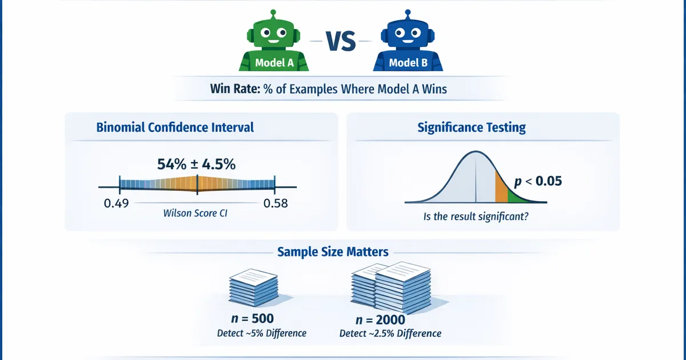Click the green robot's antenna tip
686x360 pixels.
point(273,13)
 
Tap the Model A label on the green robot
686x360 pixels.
point(274,63)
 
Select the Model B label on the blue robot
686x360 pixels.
point(408,63)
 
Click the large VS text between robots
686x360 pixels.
point(341,41)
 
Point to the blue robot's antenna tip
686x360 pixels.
point(408,13)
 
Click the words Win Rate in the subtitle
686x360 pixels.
point(235,89)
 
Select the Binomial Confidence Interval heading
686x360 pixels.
point(175,127)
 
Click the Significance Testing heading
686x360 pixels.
point(472,127)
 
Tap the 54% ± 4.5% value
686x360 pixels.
point(196,165)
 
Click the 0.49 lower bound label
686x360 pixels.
point(117,203)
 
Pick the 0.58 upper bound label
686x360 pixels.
point(276,203)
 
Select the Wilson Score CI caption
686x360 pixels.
point(196,213)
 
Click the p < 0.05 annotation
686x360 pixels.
point(538,181)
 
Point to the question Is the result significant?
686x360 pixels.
point(476,217)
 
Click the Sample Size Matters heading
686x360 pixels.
point(333,252)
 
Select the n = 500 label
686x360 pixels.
point(252,319)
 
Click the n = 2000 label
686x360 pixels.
point(380,320)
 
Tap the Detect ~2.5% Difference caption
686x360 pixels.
point(390,333)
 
